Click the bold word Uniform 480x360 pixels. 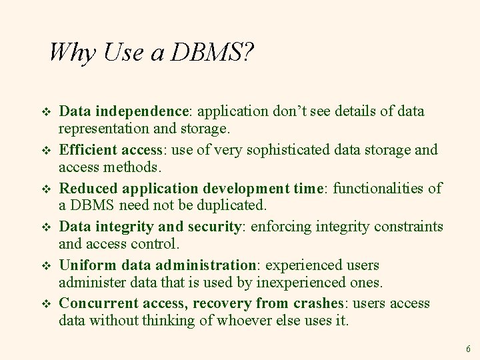(x=84, y=265)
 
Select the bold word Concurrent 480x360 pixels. (x=92, y=304)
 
